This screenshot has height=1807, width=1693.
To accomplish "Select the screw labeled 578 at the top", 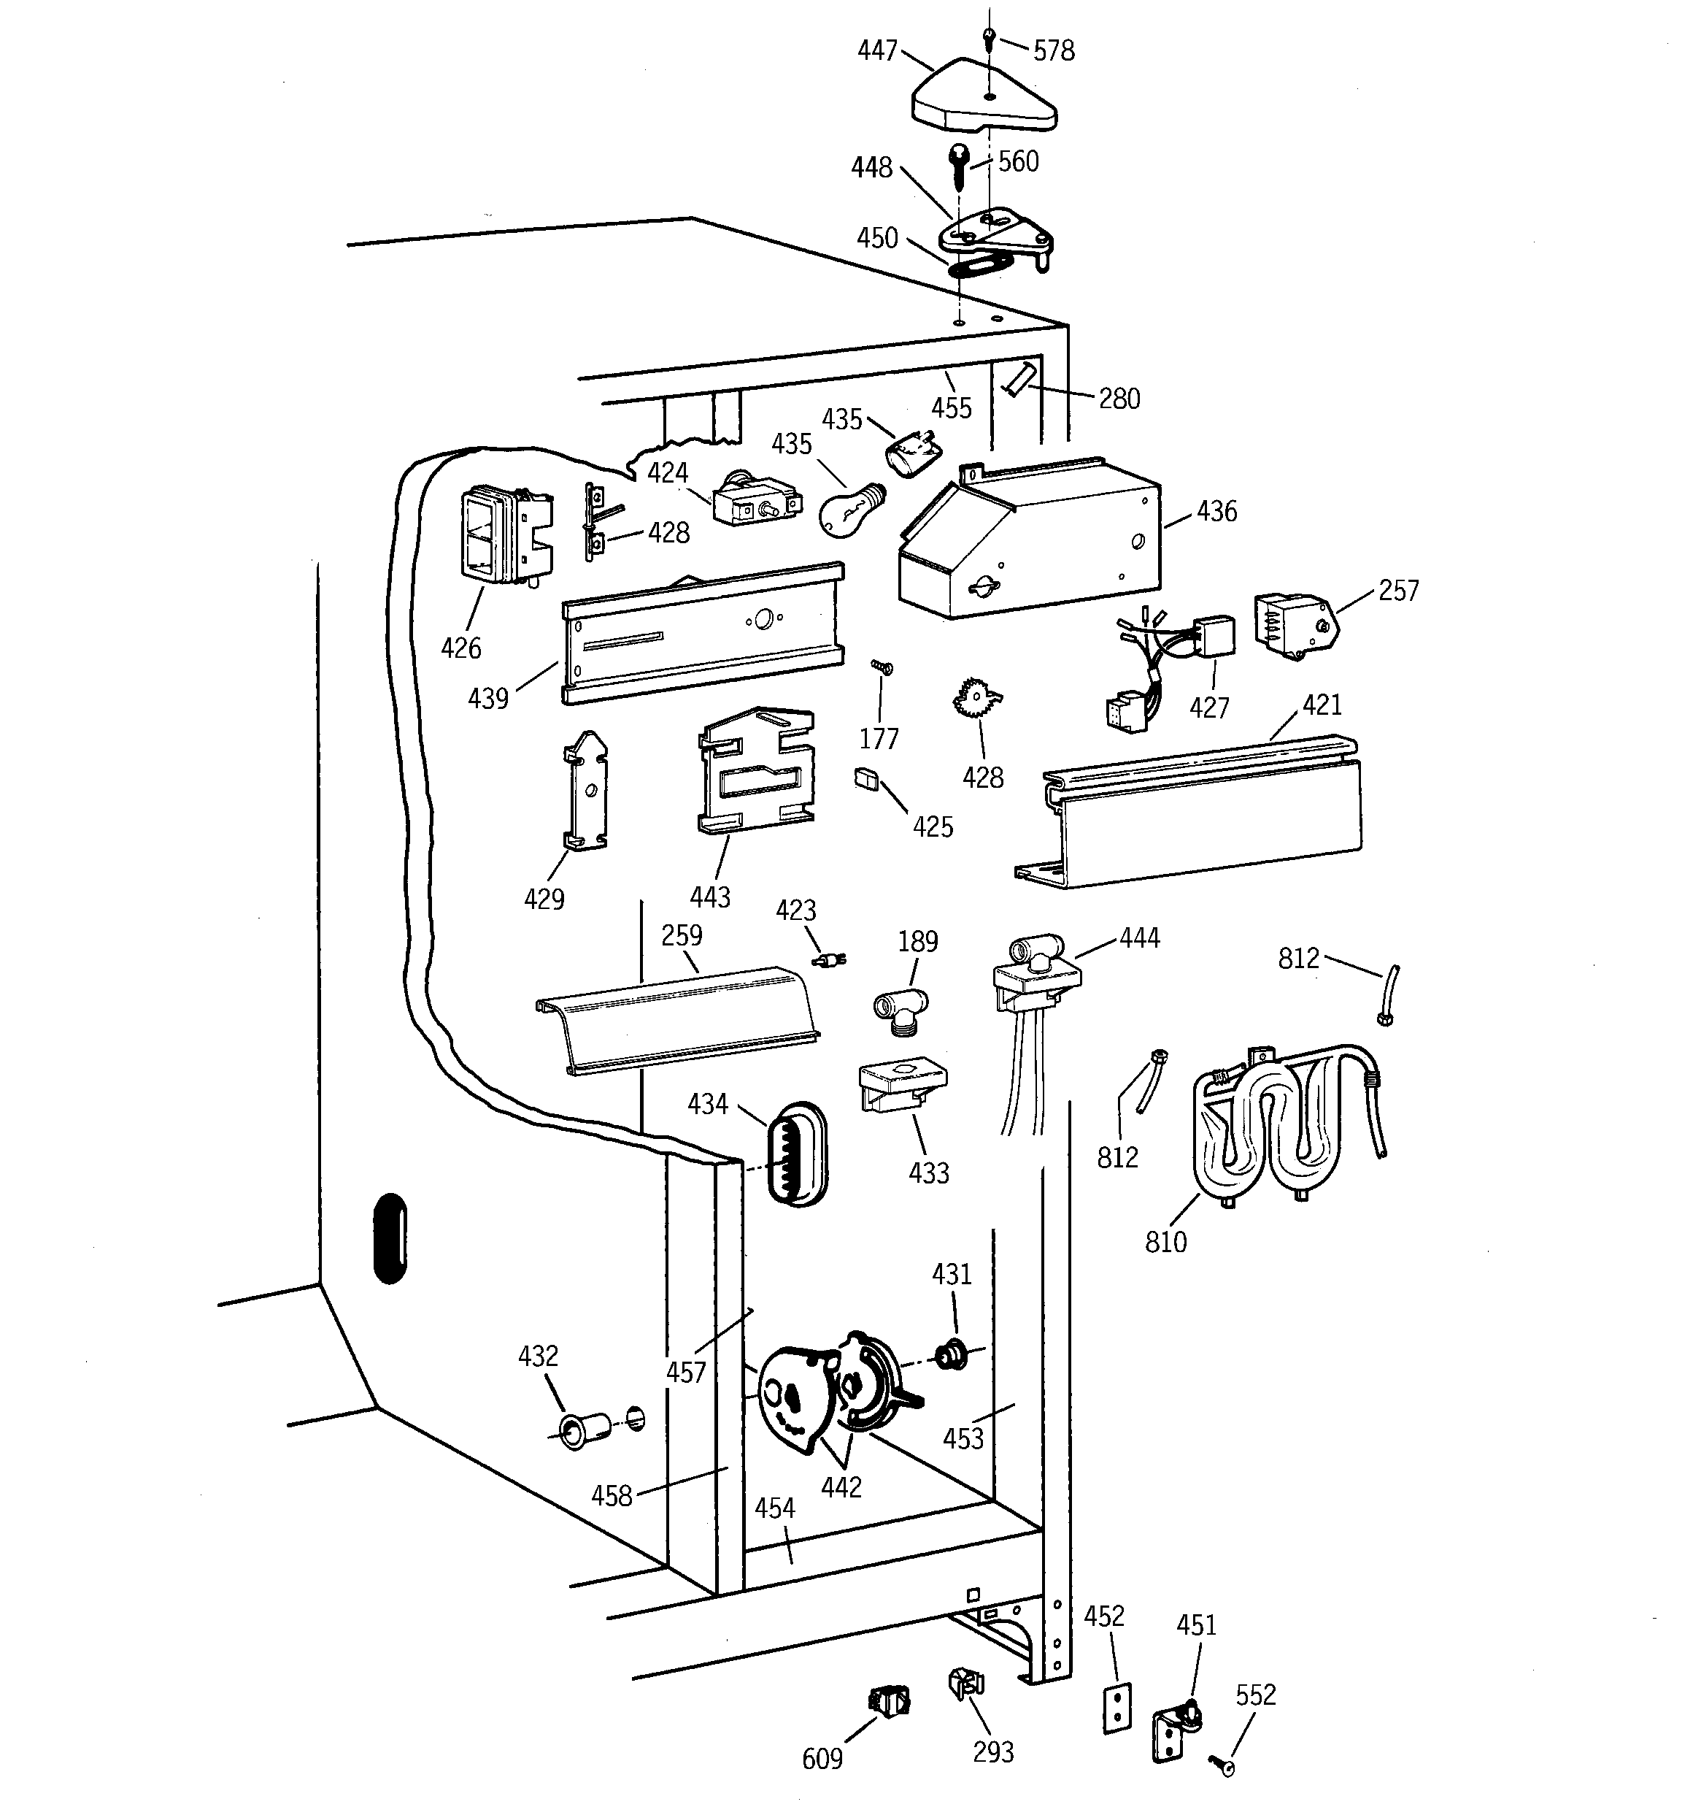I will point(990,38).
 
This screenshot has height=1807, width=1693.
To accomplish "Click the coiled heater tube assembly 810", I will point(1281,1127).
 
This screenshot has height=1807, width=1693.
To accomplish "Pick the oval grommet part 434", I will point(797,1154).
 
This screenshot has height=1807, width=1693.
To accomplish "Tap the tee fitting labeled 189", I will point(900,1009).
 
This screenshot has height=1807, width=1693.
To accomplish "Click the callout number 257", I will point(1397,591).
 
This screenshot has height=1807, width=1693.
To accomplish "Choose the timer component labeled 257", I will point(1290,626).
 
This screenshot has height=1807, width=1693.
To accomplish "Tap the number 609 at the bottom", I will point(822,1759).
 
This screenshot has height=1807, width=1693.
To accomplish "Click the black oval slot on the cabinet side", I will point(390,1238).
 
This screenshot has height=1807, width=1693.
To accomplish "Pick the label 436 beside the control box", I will point(1216,512).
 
